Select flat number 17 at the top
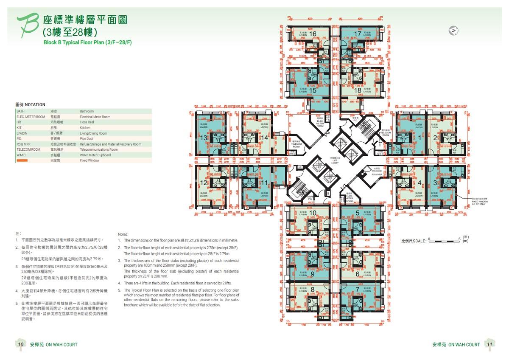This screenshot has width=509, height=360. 358,34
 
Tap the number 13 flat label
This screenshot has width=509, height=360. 204,138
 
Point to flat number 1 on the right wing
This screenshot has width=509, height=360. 420,137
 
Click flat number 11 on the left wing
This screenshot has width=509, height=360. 264,183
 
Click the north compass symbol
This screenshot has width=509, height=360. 454,31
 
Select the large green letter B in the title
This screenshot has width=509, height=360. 27,27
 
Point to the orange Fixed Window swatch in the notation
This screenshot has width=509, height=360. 22,161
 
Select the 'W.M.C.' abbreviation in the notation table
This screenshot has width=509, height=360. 22,155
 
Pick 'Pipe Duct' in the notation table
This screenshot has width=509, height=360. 87,139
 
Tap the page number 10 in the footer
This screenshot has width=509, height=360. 20,345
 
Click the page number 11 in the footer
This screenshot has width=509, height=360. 489,345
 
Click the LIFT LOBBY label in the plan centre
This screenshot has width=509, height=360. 335,161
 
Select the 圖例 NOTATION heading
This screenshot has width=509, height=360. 30,104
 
